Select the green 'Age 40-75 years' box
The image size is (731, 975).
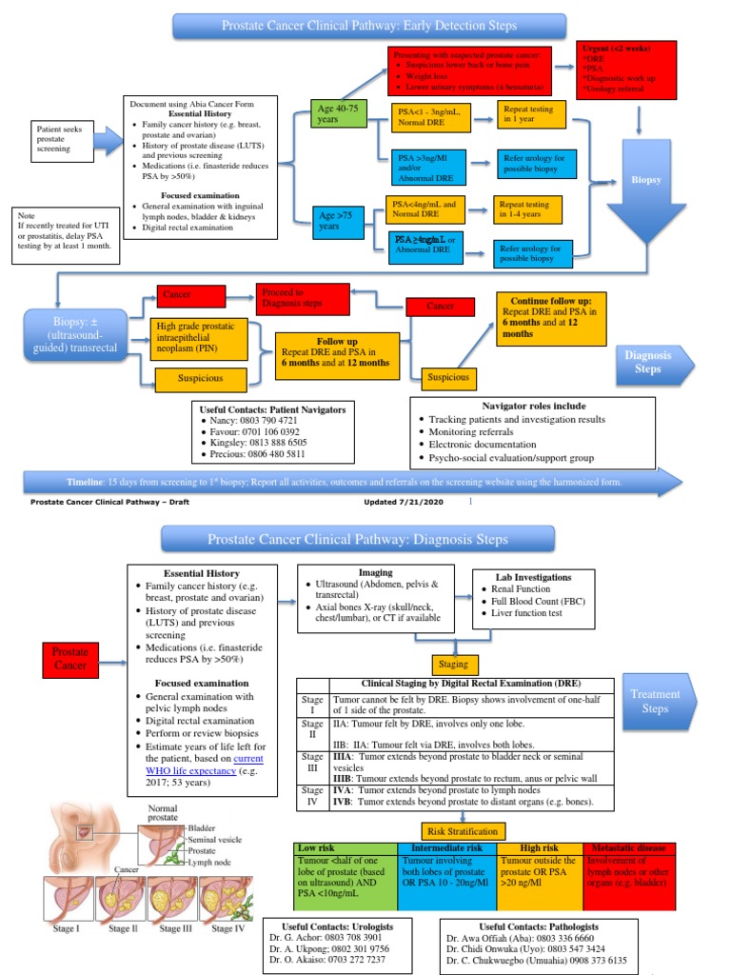pos(339,115)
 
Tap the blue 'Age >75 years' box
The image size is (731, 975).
pos(339,222)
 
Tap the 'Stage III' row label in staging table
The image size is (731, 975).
pos(311,763)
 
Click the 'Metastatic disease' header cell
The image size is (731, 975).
pos(630,847)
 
